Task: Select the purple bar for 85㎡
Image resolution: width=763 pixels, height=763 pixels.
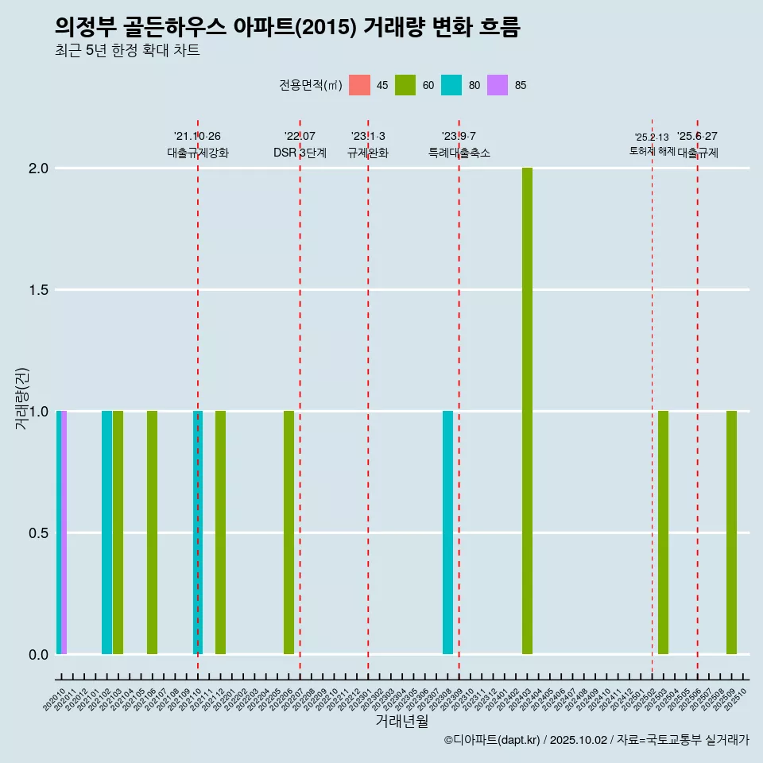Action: click(x=64, y=533)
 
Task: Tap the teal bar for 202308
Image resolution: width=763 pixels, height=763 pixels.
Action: click(x=447, y=533)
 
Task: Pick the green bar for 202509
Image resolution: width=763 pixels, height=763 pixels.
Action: click(x=731, y=533)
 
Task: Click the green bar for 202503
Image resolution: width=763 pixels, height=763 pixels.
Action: click(x=663, y=533)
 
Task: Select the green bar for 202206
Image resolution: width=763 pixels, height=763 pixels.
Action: click(x=289, y=533)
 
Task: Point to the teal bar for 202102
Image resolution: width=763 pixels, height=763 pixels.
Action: click(x=107, y=533)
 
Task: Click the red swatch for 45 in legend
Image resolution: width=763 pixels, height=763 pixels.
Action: click(x=360, y=85)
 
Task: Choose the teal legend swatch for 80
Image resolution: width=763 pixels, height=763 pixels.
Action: click(x=451, y=85)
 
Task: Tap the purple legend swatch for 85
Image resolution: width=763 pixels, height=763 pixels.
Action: click(x=498, y=85)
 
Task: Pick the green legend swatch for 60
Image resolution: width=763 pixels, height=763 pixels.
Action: click(x=405, y=85)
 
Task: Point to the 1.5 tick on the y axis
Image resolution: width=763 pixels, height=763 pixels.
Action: click(x=37, y=290)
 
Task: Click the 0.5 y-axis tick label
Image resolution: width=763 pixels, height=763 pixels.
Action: click(x=37, y=533)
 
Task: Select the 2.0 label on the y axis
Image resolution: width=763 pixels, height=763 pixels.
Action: click(x=37, y=168)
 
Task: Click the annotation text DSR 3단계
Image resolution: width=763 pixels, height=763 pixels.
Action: click(x=300, y=153)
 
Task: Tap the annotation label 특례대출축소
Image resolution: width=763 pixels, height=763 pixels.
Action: click(x=459, y=153)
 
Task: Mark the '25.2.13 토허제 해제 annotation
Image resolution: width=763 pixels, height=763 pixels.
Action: click(x=652, y=144)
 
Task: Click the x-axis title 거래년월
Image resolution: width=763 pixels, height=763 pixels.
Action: click(x=401, y=722)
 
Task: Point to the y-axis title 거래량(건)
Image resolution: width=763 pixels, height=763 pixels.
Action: click(x=22, y=397)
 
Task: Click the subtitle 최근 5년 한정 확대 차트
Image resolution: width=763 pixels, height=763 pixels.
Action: click(x=127, y=51)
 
